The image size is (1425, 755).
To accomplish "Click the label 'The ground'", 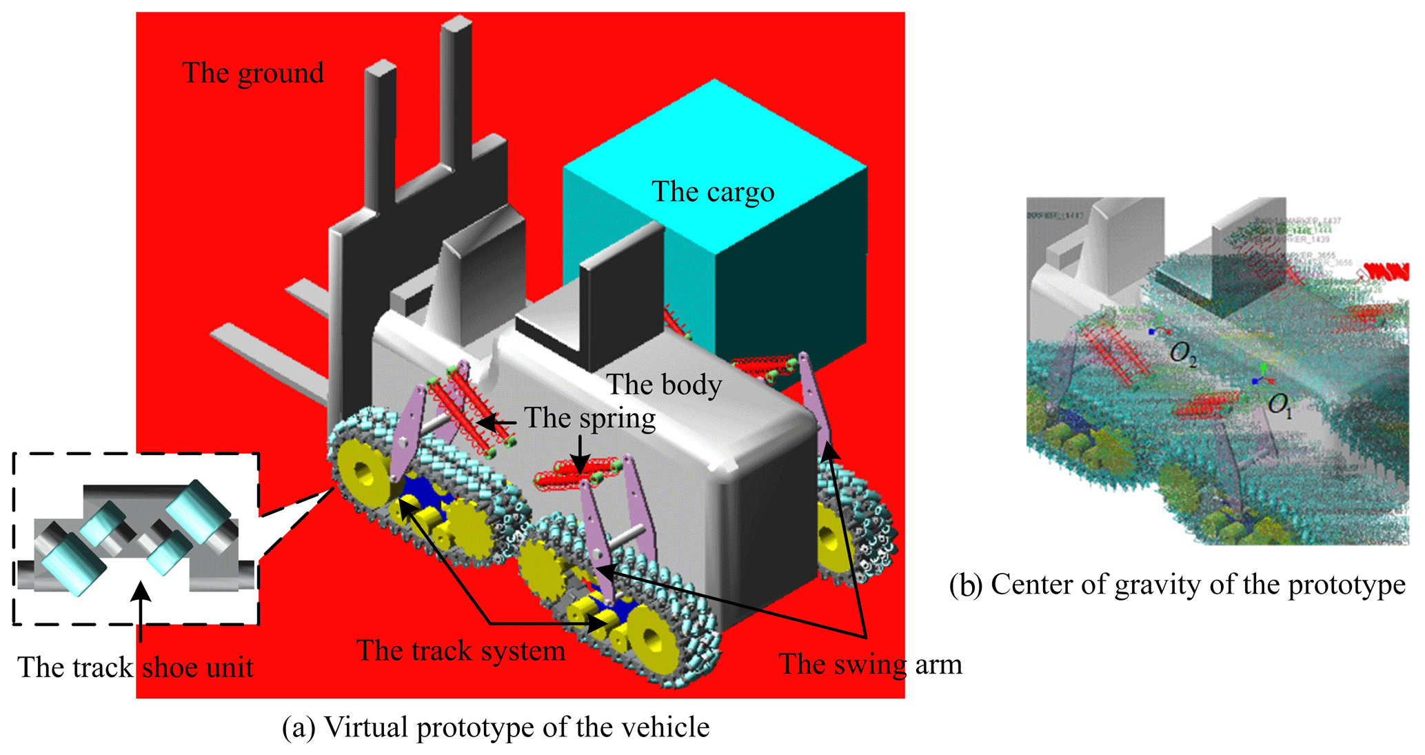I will pos(253,73).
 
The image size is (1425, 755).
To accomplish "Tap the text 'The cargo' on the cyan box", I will pos(713,192).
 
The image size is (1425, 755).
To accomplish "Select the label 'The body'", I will pos(664,385).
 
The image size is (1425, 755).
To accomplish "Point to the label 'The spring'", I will pos(589,419).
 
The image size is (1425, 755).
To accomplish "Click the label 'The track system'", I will pos(461,651).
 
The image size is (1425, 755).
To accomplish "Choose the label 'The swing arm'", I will pos(870,664).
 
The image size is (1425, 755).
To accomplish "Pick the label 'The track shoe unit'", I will pos(135,667).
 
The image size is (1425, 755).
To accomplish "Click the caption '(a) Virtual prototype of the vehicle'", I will pos(496,727).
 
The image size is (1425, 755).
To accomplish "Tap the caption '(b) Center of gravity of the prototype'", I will pos(1177,585).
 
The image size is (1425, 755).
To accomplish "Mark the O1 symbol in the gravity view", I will pos(1280,405).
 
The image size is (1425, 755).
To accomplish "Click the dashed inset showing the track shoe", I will pos(136,538).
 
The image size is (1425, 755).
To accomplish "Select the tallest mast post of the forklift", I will pos(456,97).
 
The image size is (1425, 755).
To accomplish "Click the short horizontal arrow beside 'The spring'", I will pos(497,422).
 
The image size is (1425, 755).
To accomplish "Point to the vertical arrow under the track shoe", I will pos(141,610).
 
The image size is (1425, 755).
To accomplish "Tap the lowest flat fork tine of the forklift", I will pos(269,359).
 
